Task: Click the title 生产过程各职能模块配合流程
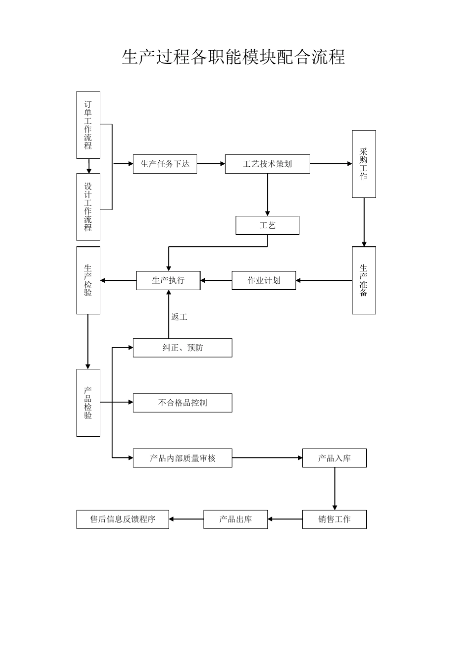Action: pyautogui.click(x=233, y=57)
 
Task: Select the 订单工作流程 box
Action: pyautogui.click(x=88, y=125)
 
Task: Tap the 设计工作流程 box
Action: pyautogui.click(x=88, y=207)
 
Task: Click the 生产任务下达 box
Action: pyautogui.click(x=165, y=164)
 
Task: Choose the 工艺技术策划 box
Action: pyautogui.click(x=267, y=164)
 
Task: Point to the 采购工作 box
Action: pyautogui.click(x=364, y=164)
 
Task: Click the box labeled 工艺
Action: pyautogui.click(x=267, y=226)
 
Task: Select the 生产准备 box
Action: pyautogui.click(x=364, y=280)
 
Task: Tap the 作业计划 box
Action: pyautogui.click(x=264, y=280)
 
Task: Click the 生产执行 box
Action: pyautogui.click(x=168, y=280)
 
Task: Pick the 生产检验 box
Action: pyautogui.click(x=88, y=280)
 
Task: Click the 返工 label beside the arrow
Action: pyautogui.click(x=179, y=317)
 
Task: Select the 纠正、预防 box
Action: pyautogui.click(x=182, y=348)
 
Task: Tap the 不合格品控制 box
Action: pyautogui.click(x=182, y=403)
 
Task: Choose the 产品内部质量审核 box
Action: pyautogui.click(x=182, y=458)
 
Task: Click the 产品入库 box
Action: pyautogui.click(x=334, y=458)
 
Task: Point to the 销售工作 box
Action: pyautogui.click(x=334, y=519)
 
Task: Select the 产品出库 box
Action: pyautogui.click(x=235, y=519)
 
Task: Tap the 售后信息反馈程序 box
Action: pyautogui.click(x=122, y=519)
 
